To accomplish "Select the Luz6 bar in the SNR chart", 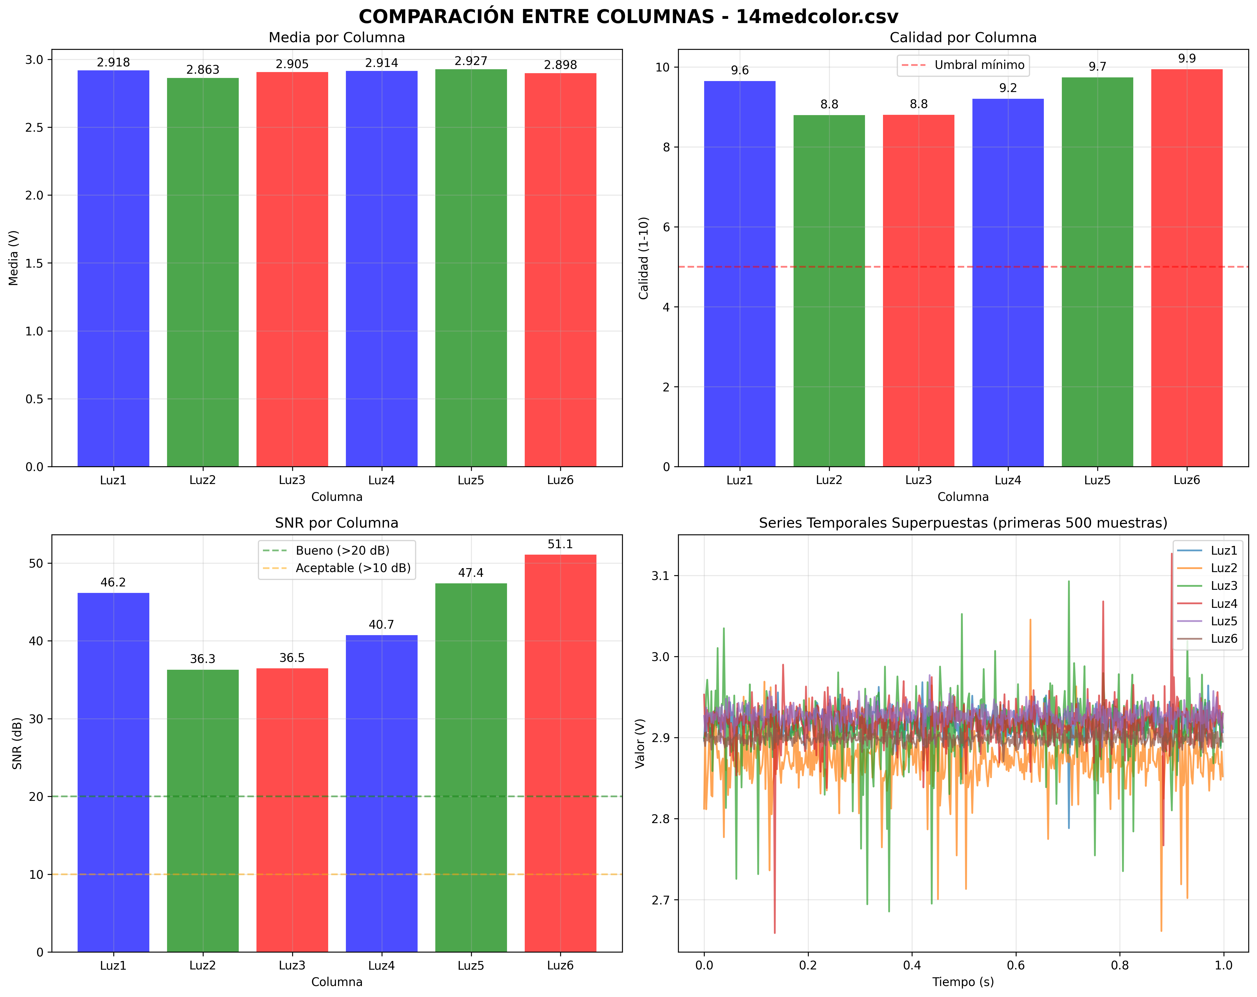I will click(560, 752).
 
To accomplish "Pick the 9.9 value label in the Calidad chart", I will click(1187, 58).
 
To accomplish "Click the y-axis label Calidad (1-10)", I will click(644, 258).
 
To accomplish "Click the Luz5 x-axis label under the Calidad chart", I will click(1097, 480).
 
